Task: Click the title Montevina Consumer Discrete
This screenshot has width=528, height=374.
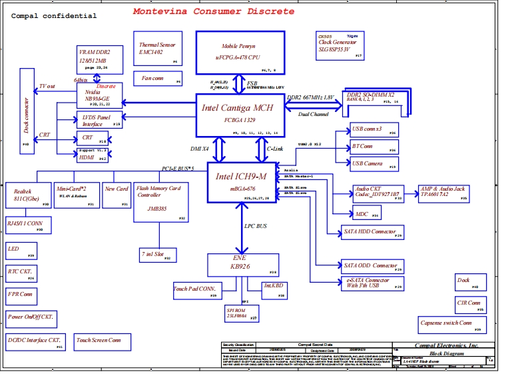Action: pyautogui.click(x=213, y=11)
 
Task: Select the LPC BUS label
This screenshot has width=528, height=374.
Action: pyautogui.click(x=255, y=227)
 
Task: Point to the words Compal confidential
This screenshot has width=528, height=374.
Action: pyautogui.click(x=54, y=16)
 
